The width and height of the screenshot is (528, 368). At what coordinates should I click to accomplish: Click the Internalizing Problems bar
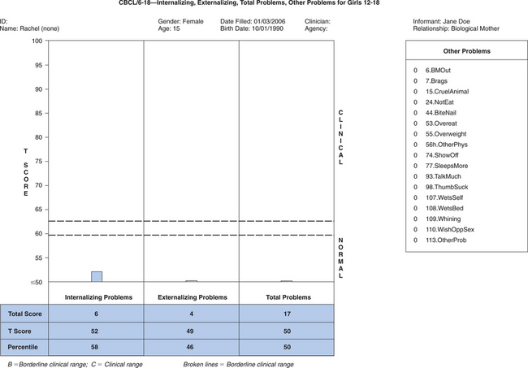click(x=97, y=276)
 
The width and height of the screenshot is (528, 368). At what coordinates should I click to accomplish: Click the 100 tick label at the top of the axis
click(x=36, y=41)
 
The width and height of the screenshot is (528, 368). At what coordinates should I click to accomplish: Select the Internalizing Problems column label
click(x=97, y=297)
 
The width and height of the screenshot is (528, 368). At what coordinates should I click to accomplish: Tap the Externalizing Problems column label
click(x=191, y=297)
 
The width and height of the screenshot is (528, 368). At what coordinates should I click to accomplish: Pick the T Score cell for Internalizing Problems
click(x=97, y=331)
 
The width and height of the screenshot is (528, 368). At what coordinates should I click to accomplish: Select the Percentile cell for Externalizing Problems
click(x=191, y=348)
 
